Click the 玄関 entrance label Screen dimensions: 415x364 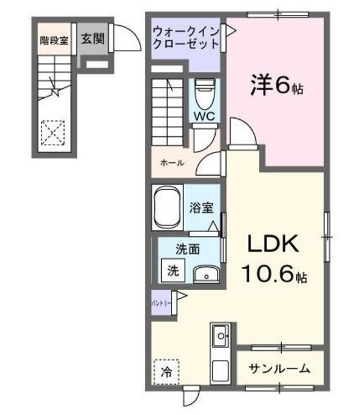(92, 38)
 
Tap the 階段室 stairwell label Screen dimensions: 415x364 (54, 40)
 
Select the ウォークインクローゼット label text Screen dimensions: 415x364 (185, 38)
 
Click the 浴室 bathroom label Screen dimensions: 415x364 (200, 209)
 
